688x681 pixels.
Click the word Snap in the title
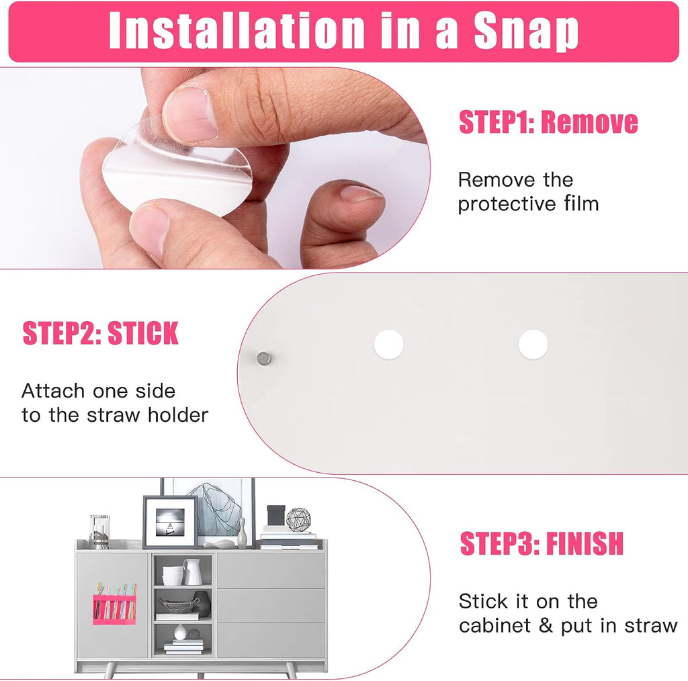pyautogui.click(x=526, y=31)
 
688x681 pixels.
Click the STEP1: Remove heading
pyautogui.click(x=548, y=122)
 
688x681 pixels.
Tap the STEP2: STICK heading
pyautogui.click(x=101, y=333)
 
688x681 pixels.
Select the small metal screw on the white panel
pyautogui.click(x=263, y=358)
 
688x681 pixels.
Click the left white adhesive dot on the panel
pyautogui.click(x=389, y=345)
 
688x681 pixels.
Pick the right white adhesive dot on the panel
pyautogui.click(x=533, y=345)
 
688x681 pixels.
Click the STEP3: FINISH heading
pyautogui.click(x=542, y=544)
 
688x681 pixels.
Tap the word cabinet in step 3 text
pyautogui.click(x=495, y=626)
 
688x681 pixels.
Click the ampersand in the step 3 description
pyautogui.click(x=546, y=626)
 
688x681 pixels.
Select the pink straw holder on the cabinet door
pyautogui.click(x=114, y=609)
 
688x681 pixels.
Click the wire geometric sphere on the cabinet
pyautogui.click(x=298, y=520)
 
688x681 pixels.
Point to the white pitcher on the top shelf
pyautogui.click(x=192, y=572)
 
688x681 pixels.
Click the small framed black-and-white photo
pyautogui.click(x=170, y=522)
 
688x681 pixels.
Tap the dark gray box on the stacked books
pyautogui.click(x=275, y=516)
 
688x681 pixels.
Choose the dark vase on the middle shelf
pyautogui.click(x=202, y=604)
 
